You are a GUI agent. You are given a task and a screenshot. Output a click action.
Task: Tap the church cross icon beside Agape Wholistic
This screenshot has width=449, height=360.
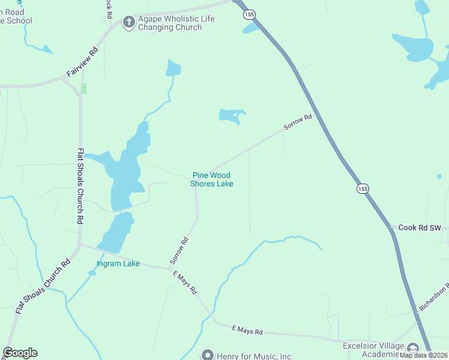click(128, 23)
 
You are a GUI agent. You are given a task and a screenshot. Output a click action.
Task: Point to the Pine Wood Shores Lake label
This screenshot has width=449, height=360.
click(212, 179)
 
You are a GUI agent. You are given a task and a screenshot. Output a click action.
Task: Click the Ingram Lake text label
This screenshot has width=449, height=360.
click(118, 263)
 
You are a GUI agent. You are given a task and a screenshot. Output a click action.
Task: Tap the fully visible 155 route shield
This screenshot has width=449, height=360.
click(363, 188)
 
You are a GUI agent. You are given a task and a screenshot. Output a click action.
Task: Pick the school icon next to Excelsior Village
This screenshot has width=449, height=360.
click(413, 348)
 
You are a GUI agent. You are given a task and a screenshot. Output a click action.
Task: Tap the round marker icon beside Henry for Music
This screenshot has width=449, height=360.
click(208, 355)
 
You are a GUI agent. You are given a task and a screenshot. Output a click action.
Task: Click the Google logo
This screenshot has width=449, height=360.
click(20, 353)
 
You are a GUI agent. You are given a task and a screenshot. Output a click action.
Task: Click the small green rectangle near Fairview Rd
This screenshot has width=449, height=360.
click(84, 88)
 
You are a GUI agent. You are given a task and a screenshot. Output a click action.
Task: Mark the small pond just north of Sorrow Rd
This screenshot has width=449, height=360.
click(231, 116)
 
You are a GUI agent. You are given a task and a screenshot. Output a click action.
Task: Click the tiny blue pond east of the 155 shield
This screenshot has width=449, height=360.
click(439, 176)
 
